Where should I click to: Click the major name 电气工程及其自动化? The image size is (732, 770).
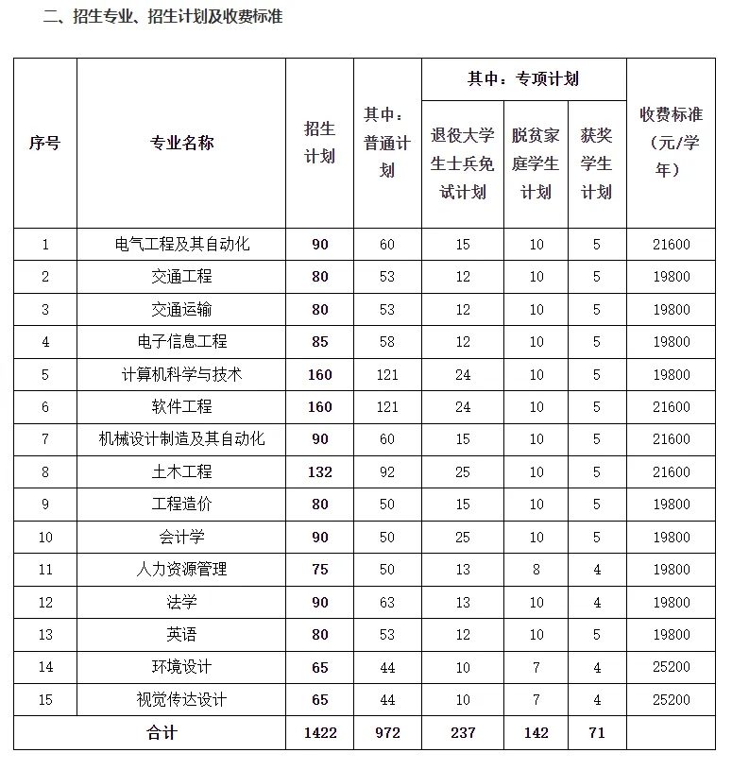(181, 245)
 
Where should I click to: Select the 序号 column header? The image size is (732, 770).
(44, 143)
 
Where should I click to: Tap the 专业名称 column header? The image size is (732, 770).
(181, 143)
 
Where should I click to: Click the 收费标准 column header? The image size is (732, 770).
(671, 143)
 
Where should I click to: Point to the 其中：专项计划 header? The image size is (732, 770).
(523, 79)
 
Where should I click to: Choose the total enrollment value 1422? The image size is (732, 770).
(319, 733)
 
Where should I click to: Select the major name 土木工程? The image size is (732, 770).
(181, 471)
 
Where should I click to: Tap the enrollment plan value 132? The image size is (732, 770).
(319, 471)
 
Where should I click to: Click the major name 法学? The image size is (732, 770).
(181, 602)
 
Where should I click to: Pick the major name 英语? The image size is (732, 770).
(181, 635)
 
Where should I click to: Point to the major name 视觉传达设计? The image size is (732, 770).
(181, 700)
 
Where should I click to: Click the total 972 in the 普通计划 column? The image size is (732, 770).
(387, 733)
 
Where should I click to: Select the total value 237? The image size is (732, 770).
(462, 733)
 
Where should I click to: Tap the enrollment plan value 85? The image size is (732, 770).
(319, 342)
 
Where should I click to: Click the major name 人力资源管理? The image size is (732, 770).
(181, 570)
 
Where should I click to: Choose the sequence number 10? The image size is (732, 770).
(44, 538)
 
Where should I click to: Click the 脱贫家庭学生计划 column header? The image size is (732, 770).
(536, 163)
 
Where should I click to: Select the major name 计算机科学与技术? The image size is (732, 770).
(181, 374)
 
